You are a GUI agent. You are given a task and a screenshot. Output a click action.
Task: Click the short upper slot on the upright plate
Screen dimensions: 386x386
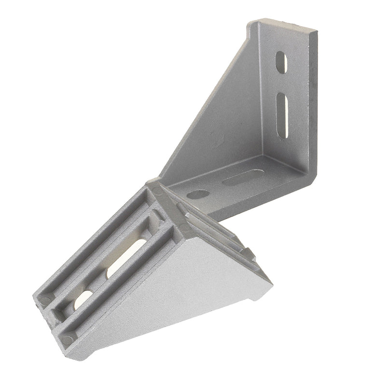point(281,62)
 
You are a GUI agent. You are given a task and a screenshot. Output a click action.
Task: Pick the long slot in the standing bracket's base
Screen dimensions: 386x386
point(240,179)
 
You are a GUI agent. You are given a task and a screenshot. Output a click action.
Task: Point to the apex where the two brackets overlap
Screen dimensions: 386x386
point(154,183)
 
